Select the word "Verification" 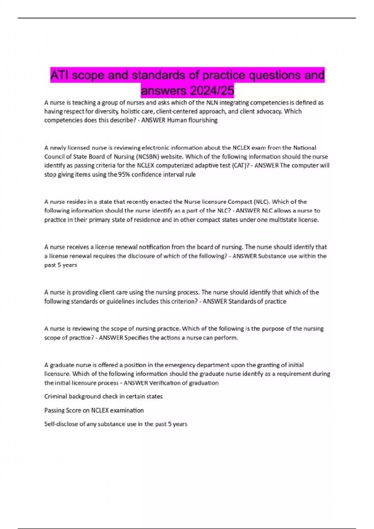(165, 383)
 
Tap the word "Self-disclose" (59, 424)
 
